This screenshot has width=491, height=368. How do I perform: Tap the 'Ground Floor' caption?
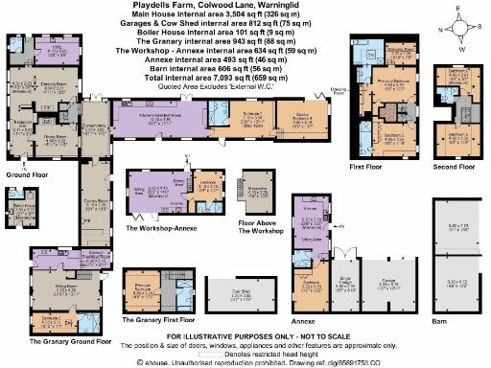27,175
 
